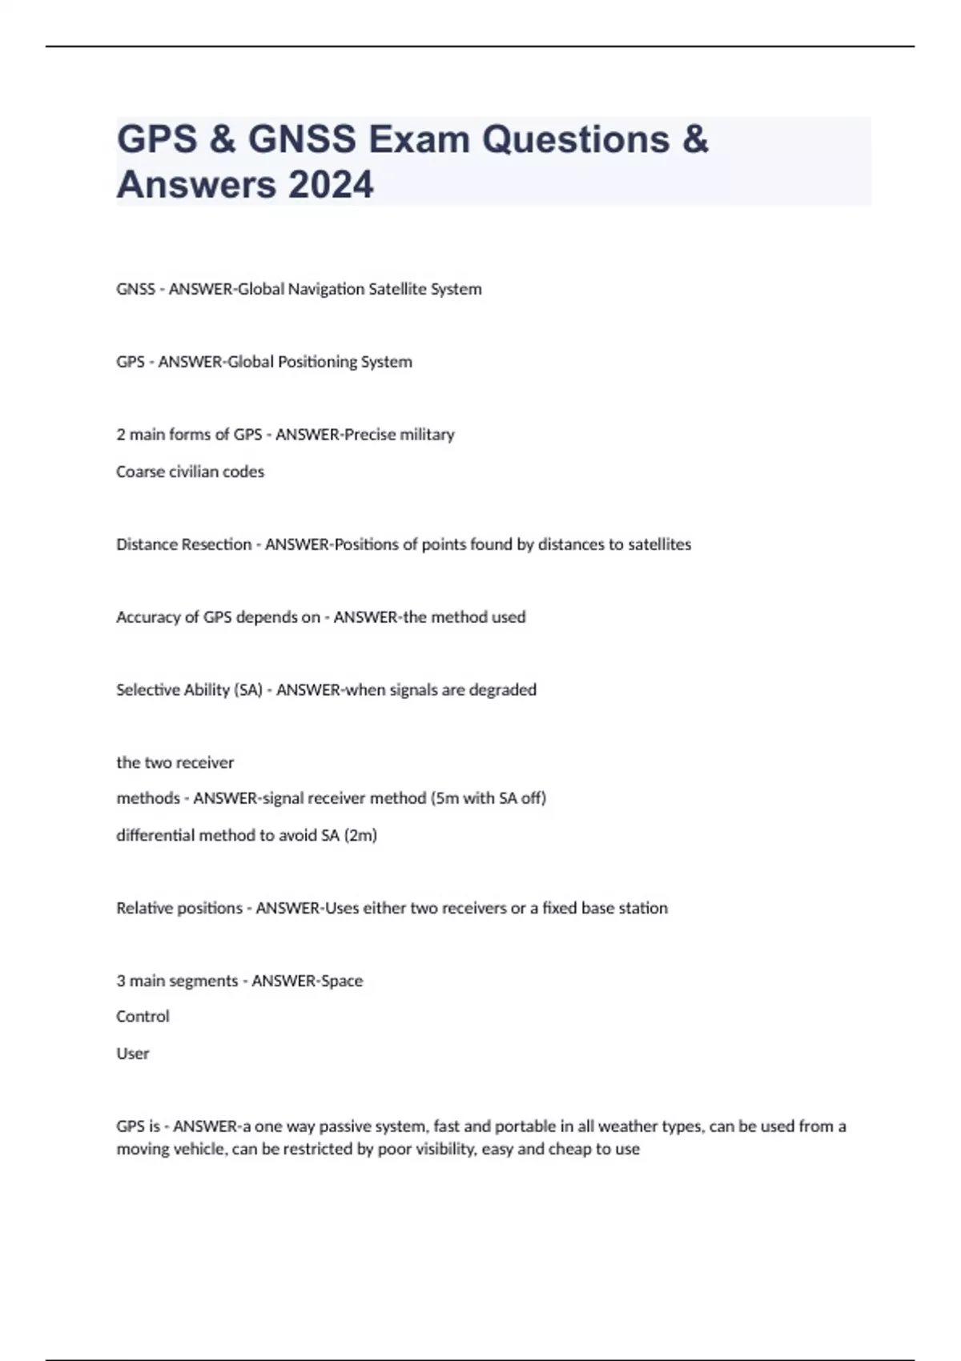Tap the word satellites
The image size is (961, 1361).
coord(660,544)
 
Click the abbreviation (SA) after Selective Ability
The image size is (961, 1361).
coord(248,690)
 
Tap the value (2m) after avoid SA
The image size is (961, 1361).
coord(360,835)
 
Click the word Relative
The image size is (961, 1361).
coord(142,908)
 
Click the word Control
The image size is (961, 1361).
coord(143,1017)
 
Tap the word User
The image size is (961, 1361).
coord(133,1054)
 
